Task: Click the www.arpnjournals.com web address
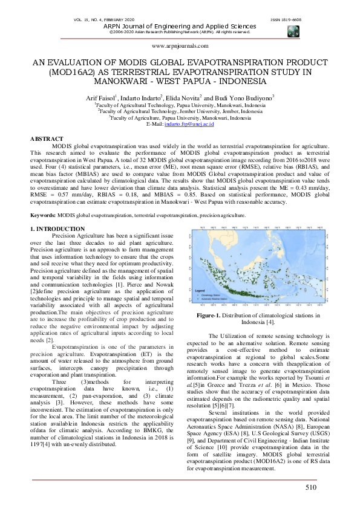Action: click(180, 45)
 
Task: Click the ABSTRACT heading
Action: click(47, 139)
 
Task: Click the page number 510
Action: click(311, 487)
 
